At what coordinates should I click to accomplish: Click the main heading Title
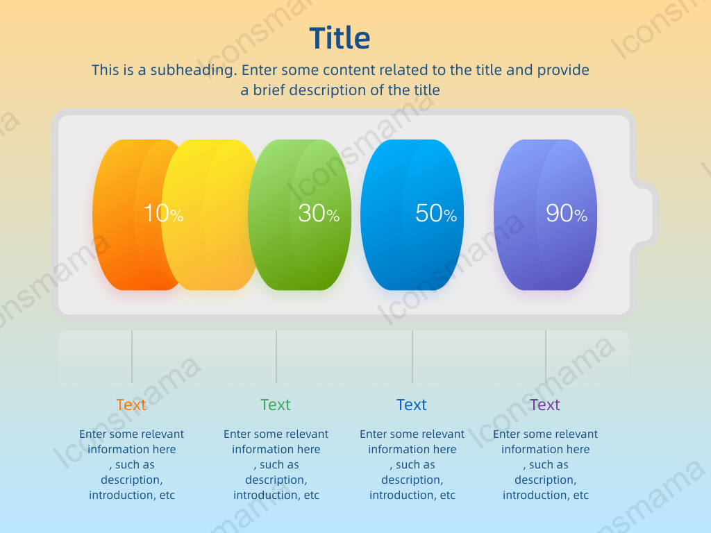coord(340,37)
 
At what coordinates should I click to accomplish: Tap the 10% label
coord(163,213)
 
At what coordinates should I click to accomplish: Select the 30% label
coord(319,213)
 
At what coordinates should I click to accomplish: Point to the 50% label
coord(436,213)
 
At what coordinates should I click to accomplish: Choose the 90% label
coord(567,213)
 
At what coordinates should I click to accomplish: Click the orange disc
coord(127,215)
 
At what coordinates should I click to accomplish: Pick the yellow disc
coord(210,215)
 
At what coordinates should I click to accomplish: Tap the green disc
coord(300,215)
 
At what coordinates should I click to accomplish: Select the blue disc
coord(412,215)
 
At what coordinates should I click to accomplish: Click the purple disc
coord(546,215)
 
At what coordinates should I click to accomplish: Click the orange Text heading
coord(131,405)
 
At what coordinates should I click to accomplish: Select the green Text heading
coord(275,405)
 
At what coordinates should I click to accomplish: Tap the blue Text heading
coord(411,405)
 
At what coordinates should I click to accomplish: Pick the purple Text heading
coord(544,405)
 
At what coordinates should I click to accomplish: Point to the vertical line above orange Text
coord(132,356)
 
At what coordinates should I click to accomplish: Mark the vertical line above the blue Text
coord(412,356)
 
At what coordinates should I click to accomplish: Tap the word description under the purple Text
coord(546,480)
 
